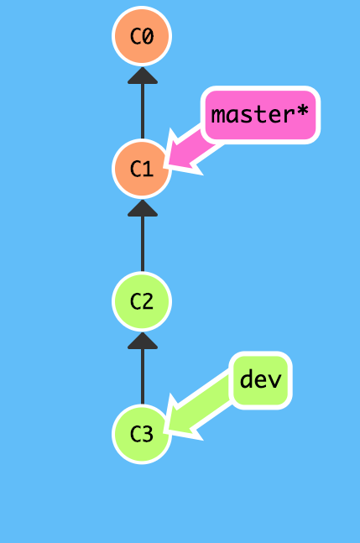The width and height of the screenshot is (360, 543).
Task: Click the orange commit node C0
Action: [142, 36]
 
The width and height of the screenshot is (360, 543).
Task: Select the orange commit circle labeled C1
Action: [142, 168]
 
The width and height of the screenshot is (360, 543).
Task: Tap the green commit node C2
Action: [142, 301]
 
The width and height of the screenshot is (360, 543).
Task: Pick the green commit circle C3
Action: [142, 434]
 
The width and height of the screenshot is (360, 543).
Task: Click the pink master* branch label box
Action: [260, 115]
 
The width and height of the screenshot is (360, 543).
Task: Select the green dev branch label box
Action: [260, 380]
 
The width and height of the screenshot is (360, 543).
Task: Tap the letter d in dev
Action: [246, 379]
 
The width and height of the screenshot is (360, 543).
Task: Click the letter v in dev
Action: [274, 380]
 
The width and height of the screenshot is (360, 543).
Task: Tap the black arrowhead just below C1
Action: [142, 208]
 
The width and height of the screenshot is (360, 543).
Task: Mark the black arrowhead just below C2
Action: [142, 341]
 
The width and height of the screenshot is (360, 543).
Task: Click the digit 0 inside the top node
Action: [149, 36]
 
